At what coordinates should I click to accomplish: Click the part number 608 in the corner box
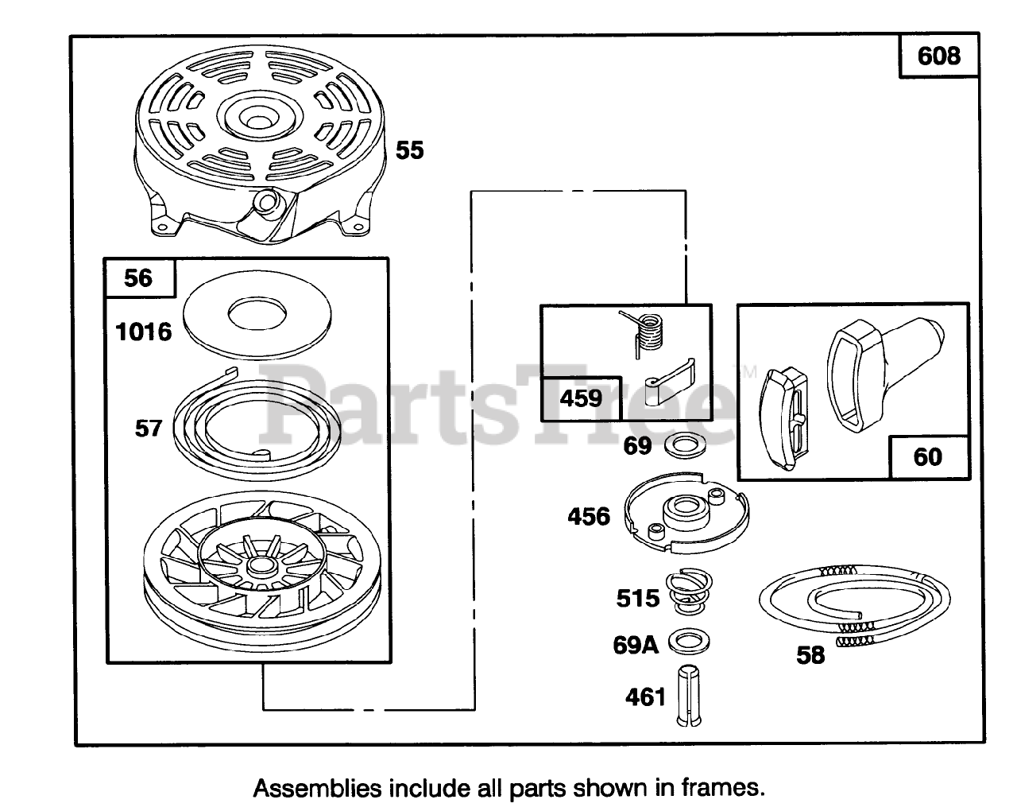[938, 56]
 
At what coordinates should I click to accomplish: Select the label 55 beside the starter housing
[410, 150]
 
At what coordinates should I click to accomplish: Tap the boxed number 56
[138, 277]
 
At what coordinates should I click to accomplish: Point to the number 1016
[144, 332]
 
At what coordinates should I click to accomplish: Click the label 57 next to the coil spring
[149, 429]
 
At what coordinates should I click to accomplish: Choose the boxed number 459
[581, 398]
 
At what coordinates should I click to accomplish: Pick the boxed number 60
[928, 457]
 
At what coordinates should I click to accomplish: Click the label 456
[589, 517]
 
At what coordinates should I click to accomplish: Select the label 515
[638, 598]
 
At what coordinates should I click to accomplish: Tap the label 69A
[636, 645]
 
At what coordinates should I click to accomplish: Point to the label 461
[645, 697]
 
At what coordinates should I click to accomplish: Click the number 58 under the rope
[810, 655]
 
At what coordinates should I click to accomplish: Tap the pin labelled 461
[688, 695]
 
